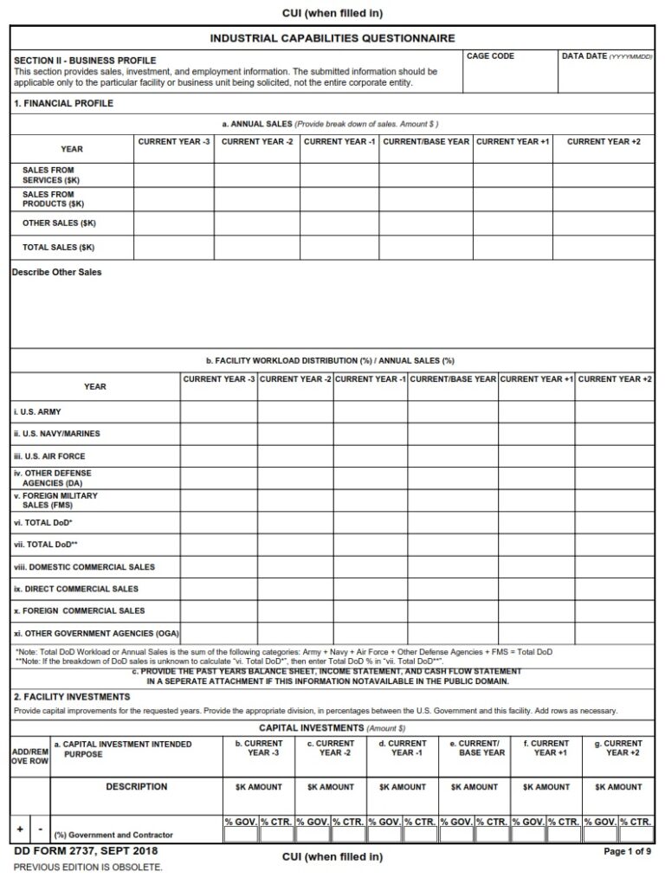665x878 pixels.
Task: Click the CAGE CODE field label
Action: [x=490, y=56]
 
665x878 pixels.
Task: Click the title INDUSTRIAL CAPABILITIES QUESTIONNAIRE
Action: [x=332, y=38]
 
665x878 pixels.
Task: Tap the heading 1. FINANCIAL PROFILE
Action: [x=63, y=104]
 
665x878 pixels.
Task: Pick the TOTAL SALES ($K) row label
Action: [x=59, y=248]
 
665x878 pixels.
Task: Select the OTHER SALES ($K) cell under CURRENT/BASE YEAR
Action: [x=425, y=223]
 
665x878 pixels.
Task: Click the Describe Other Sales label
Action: [x=57, y=272]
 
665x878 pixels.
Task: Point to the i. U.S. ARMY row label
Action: [x=37, y=412]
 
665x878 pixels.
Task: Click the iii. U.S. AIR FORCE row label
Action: [x=49, y=456]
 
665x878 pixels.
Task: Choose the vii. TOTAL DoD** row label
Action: [x=41, y=546]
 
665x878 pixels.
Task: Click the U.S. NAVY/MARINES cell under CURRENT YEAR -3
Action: [x=218, y=434]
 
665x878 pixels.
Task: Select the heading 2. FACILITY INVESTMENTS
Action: [x=72, y=697]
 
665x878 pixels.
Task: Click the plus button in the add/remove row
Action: [x=20, y=830]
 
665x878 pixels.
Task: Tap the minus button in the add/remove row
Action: [x=40, y=830]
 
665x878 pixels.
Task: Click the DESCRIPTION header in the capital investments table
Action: [x=136, y=787]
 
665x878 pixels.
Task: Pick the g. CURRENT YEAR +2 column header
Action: [x=617, y=748]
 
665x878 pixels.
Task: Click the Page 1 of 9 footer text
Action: [x=628, y=852]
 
